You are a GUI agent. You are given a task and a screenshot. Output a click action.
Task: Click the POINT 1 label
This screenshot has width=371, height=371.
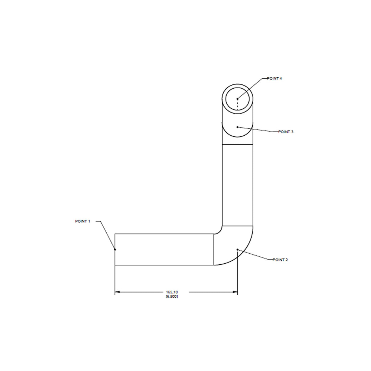(83, 221)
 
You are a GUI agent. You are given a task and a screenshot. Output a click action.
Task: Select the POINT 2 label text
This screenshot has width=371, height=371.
(280, 260)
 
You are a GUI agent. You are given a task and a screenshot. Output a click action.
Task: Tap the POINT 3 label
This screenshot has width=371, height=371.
(286, 132)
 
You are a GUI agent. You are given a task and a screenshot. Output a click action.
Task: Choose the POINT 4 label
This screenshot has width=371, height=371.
(274, 78)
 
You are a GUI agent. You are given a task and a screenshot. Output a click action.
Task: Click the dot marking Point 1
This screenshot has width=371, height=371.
(115, 249)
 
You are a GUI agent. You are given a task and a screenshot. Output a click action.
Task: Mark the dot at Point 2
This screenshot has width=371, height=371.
(237, 249)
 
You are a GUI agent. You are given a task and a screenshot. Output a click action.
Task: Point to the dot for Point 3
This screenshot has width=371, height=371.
(237, 127)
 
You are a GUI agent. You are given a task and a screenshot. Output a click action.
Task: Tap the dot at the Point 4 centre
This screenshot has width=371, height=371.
(237, 99)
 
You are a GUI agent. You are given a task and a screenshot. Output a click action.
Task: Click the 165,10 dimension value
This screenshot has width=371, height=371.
(172, 292)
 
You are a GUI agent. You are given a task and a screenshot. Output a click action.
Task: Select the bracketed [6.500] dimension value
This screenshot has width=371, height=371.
(172, 296)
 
